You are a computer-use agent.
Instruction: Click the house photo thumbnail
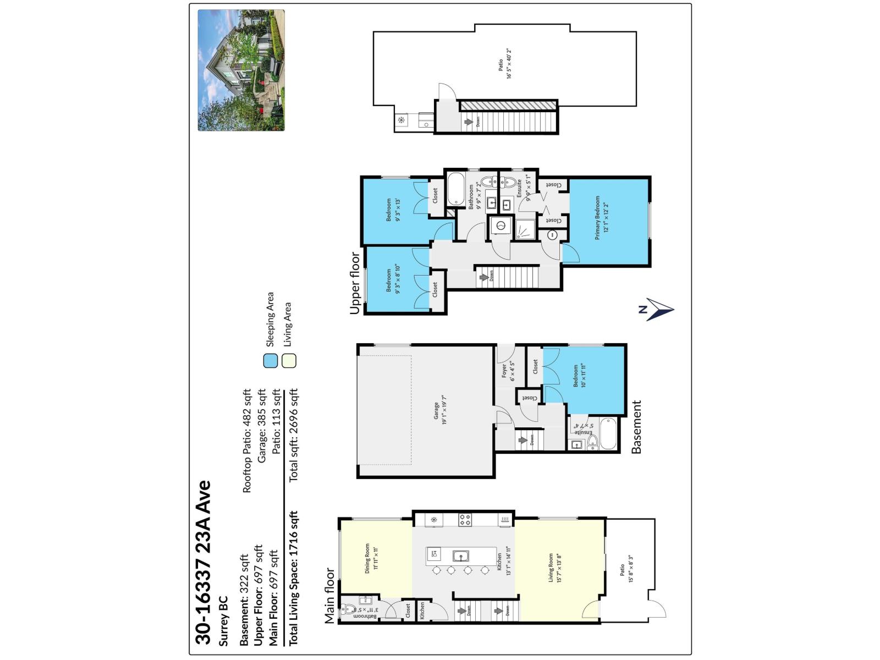point(241,70)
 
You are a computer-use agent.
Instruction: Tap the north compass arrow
point(658,310)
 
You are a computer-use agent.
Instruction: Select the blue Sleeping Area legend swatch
point(270,361)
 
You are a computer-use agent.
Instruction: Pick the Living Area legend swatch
point(289,361)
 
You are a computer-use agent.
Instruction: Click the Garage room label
point(438,410)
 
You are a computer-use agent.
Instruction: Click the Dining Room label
point(371,559)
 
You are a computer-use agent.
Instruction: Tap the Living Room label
point(554,568)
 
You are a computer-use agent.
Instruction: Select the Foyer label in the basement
point(508,372)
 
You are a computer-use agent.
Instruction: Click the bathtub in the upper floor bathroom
point(456,190)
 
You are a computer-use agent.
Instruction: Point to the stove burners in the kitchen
point(465,519)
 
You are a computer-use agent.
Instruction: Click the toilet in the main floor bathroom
point(349,609)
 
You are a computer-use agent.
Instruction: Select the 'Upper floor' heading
point(355,283)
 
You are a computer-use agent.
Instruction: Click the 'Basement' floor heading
point(636,427)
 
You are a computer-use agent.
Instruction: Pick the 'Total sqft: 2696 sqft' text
point(293,435)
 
